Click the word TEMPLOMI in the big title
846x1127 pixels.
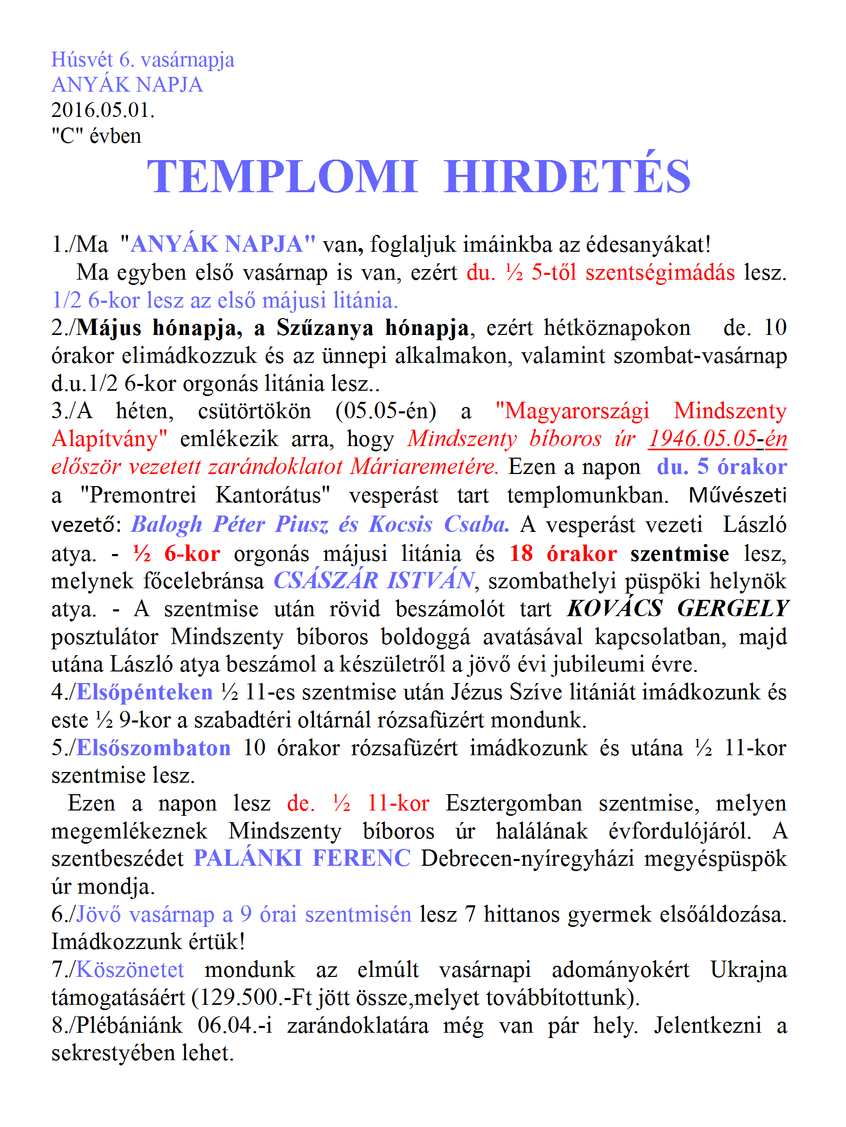(x=282, y=176)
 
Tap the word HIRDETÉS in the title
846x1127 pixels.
(x=567, y=176)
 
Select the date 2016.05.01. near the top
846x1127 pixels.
(x=103, y=110)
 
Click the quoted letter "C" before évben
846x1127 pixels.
(x=67, y=136)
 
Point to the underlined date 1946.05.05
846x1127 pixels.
(x=702, y=439)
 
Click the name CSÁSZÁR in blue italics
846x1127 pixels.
(x=325, y=581)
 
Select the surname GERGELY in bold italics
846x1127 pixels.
(x=733, y=609)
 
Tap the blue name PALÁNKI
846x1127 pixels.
(x=247, y=858)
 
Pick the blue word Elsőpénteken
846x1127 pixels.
(x=145, y=692)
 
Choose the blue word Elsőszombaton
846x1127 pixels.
(x=154, y=748)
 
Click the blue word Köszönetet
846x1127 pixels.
(x=131, y=970)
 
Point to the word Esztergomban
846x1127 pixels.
(x=514, y=803)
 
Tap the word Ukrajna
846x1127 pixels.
(x=748, y=970)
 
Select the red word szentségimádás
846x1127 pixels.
(x=660, y=272)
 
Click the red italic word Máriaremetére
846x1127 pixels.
(x=425, y=467)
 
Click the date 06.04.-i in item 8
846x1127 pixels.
(x=235, y=1025)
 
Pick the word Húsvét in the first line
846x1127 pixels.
(x=82, y=60)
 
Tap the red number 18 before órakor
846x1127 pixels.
(x=521, y=553)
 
